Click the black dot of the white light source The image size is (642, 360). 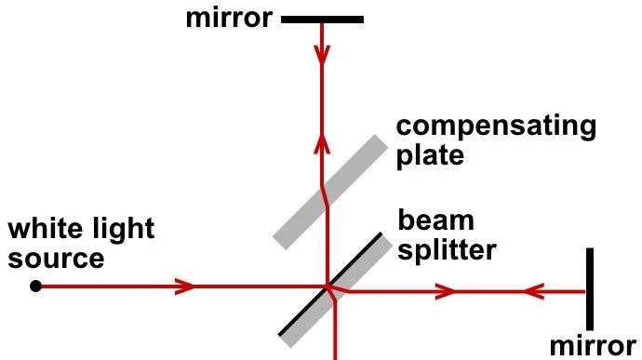[35, 286]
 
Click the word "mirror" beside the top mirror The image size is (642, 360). [229, 18]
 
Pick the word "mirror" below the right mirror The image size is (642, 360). [593, 346]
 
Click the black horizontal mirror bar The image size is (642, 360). [323, 20]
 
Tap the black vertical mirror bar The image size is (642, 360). [590, 288]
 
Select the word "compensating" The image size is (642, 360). [496, 127]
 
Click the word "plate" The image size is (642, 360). [430, 155]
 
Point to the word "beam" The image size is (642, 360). [436, 220]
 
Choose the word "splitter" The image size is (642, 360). [448, 250]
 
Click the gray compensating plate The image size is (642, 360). [330, 192]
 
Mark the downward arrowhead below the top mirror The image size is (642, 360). [322, 54]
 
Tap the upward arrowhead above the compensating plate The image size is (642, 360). [322, 144]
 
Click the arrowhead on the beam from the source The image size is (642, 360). [185, 287]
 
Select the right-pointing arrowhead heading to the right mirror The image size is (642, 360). [445, 291]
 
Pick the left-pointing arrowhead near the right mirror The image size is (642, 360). [533, 291]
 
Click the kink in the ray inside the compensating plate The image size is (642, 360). [325, 195]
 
